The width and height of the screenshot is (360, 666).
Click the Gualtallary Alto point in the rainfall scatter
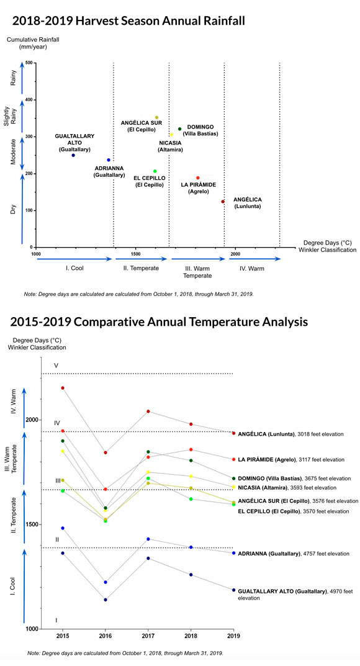point(73,155)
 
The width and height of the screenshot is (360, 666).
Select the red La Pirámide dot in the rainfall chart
point(198,178)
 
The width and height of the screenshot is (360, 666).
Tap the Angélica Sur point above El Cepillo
point(156,117)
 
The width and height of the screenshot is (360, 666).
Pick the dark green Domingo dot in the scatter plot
point(179,128)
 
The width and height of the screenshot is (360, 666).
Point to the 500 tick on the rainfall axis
point(29,63)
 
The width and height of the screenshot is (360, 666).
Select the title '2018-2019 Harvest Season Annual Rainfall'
point(128,21)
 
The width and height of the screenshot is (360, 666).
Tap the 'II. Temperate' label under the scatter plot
point(141,268)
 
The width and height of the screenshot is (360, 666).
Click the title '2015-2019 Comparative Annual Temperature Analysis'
point(159,322)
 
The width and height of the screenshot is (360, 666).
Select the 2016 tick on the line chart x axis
point(106,636)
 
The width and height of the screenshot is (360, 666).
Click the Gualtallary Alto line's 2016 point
point(106,600)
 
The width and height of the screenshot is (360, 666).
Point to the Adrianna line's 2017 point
point(148,539)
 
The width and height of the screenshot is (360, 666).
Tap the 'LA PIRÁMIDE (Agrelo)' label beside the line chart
point(267,459)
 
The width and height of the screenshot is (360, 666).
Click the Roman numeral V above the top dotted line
point(56,366)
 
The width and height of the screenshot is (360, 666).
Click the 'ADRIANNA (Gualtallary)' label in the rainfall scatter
point(109,171)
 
